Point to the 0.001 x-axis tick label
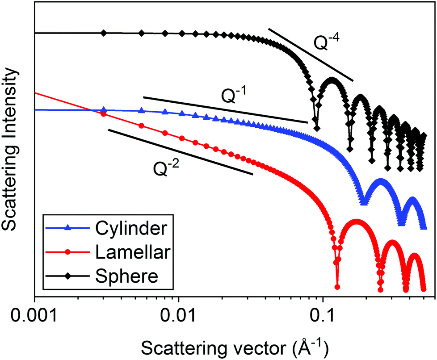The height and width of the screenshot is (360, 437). (x=34, y=315)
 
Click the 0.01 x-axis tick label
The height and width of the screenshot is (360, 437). (x=178, y=315)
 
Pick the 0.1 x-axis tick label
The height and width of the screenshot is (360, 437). (x=323, y=315)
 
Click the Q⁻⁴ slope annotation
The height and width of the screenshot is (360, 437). (x=326, y=42)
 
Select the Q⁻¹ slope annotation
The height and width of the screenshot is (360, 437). (x=234, y=95)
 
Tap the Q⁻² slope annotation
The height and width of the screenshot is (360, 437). (x=166, y=168)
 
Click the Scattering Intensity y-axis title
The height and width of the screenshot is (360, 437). (x=10, y=149)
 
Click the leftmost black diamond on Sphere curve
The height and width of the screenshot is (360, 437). (x=104, y=33)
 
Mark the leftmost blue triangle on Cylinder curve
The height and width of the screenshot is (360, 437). (x=104, y=109)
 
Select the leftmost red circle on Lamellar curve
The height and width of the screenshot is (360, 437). (x=103, y=114)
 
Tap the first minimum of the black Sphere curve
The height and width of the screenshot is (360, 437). (x=317, y=128)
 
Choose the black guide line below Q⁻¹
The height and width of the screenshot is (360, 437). (x=226, y=110)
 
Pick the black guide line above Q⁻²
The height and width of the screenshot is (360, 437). (x=181, y=152)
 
